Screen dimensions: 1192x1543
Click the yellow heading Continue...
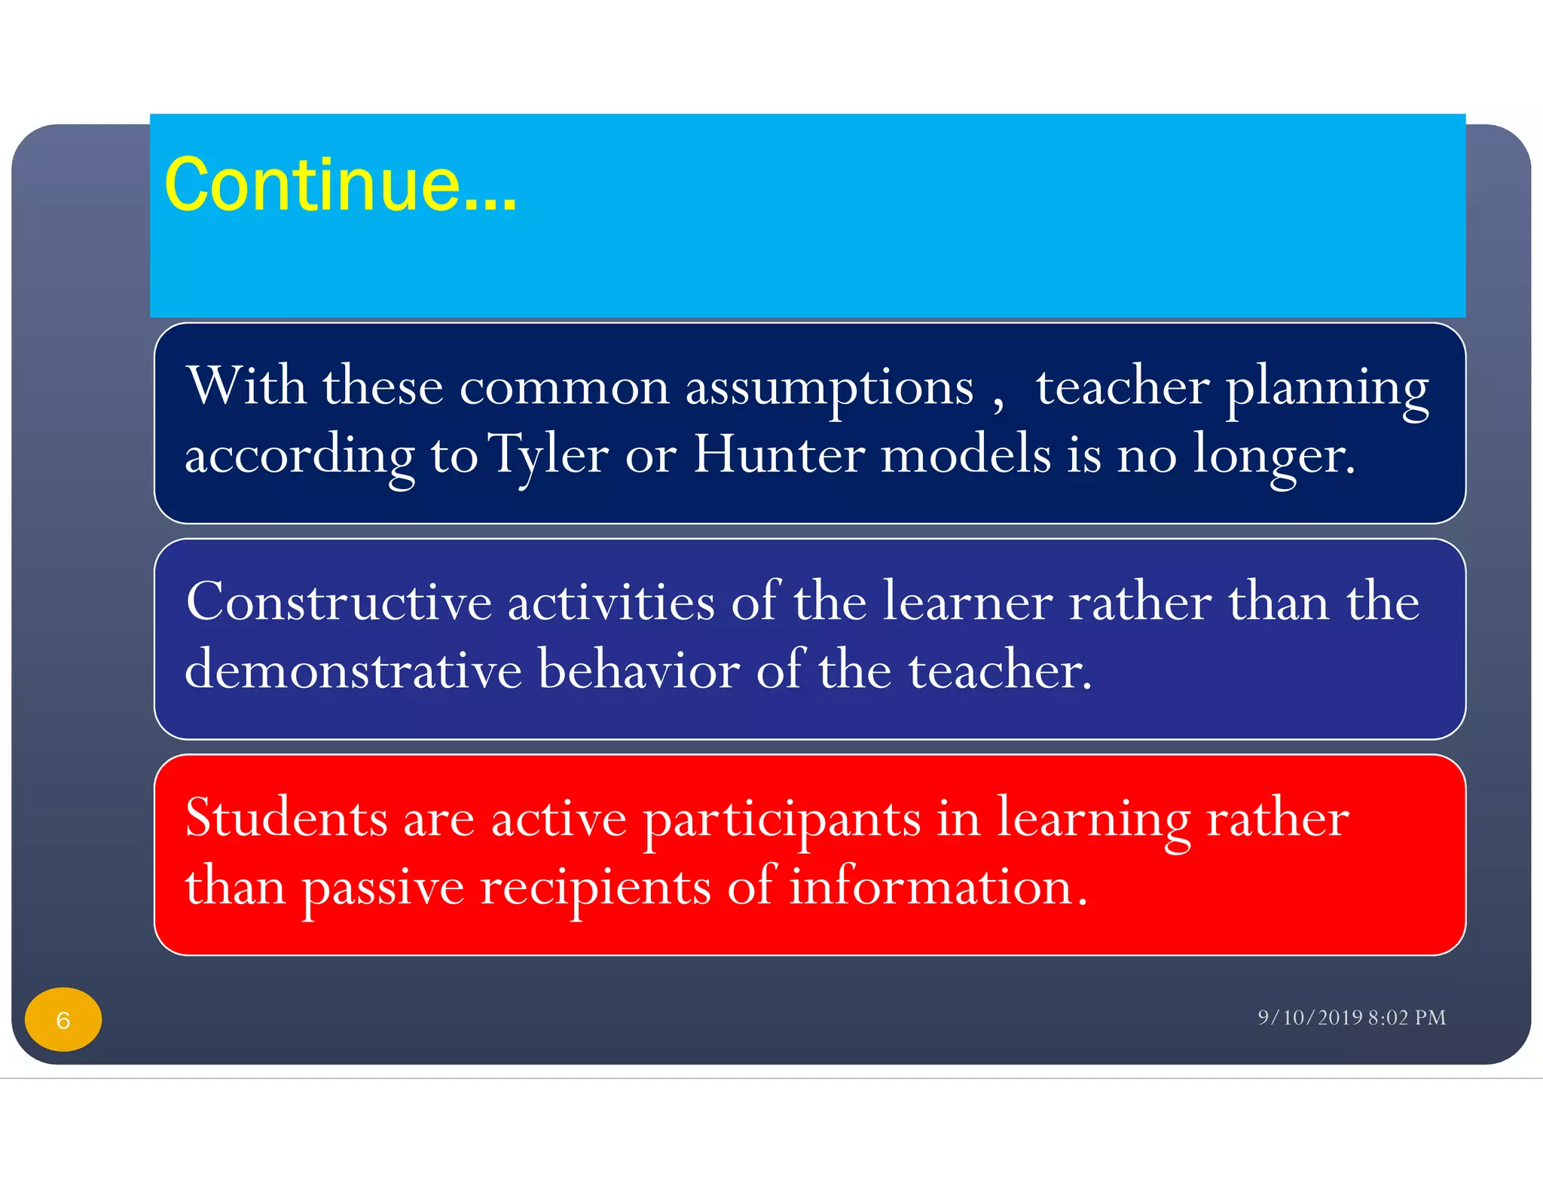pos(340,185)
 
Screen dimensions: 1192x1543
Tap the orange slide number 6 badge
pos(63,1019)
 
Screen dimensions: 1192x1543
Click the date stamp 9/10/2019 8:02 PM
pos(1351,1017)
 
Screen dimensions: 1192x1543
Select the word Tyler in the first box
pos(548,455)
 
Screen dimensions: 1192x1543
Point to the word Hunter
pos(779,454)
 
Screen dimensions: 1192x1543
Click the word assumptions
pos(829,387)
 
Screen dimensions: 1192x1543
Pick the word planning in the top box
pos(1327,389)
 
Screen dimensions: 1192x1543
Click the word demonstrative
pos(353,670)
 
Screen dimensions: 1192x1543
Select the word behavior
pos(639,670)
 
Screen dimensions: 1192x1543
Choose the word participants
pos(781,820)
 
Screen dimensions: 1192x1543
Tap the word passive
pos(383,888)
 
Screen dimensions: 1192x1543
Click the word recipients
pos(595,888)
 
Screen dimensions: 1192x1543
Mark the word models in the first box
pos(965,454)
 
